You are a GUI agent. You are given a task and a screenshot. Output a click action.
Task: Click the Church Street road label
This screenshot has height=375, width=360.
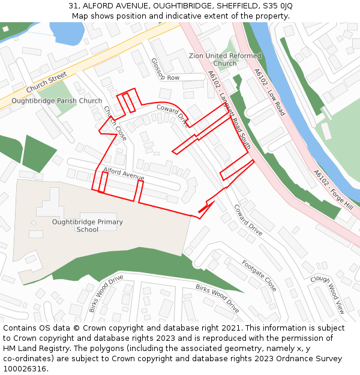[x=46, y=83]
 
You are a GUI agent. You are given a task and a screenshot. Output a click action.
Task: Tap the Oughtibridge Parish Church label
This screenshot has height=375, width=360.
[x=57, y=101]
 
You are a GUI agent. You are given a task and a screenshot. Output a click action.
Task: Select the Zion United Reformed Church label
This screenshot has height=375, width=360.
[x=225, y=59]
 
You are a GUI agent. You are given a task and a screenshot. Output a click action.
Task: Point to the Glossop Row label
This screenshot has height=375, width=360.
[x=165, y=70]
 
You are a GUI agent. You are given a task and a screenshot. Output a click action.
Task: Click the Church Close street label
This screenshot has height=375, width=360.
[x=115, y=124]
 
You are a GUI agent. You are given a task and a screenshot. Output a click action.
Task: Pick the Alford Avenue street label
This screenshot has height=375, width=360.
[x=124, y=173]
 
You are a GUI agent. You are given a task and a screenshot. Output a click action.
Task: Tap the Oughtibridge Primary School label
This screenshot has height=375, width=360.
[x=88, y=226]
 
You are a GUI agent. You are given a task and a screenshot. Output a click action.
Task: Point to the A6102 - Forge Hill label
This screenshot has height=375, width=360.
[x=333, y=190]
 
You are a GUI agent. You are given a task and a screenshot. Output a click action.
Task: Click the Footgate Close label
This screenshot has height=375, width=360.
[x=259, y=275]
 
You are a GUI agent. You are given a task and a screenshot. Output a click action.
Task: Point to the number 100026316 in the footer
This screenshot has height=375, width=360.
[x=26, y=368]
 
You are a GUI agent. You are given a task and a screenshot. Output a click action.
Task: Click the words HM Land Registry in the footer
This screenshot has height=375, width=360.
[x=34, y=348]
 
